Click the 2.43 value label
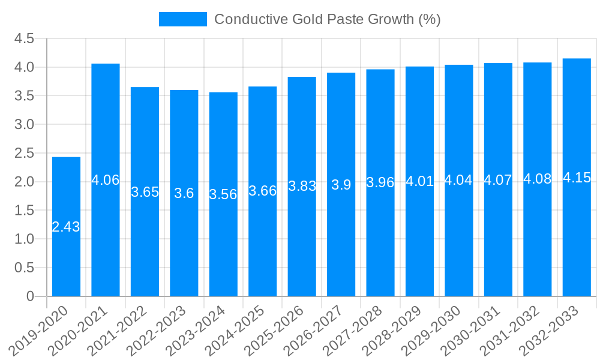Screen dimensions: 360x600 click(66, 227)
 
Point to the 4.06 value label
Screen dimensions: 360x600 click(106, 180)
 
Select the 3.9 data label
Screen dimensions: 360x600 click(341, 185)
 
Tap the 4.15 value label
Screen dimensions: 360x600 click(577, 178)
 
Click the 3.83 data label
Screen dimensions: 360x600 click(302, 186)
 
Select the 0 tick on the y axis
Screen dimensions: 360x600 click(31, 296)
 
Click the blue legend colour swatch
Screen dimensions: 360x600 click(182, 19)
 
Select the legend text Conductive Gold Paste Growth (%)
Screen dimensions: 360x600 click(327, 19)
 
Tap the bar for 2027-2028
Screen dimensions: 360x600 click(380, 240)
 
